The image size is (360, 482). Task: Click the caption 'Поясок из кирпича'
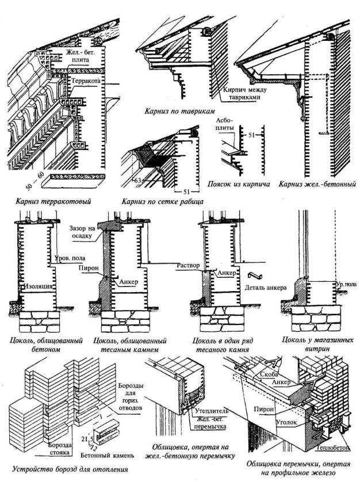pyautogui.click(x=236, y=185)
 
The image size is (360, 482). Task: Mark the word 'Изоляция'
pyautogui.click(x=39, y=285)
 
